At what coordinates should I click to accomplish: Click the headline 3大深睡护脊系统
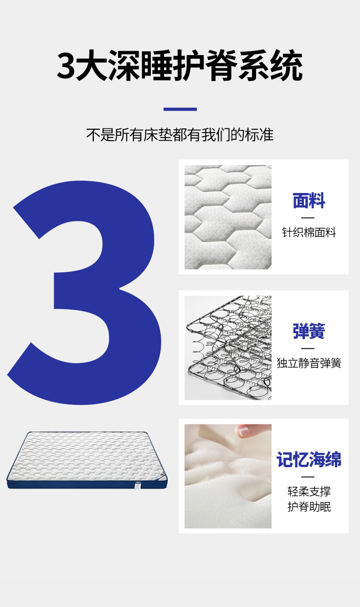pos(180,65)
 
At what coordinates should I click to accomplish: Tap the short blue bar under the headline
pos(180,109)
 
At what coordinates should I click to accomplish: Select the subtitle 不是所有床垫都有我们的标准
pos(180,134)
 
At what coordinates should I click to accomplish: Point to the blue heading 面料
pos(309,200)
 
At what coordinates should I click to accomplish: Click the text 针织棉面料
pos(309,232)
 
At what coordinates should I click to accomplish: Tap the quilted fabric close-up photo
pos(228,217)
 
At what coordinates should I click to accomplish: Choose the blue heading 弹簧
pos(309,331)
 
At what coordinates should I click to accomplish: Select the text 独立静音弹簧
pos(309,363)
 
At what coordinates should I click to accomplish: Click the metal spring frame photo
pos(228,347)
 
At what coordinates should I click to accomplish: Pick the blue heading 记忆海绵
pos(309,459)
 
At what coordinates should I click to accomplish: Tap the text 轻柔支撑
pos(309,491)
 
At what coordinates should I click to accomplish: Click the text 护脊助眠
pos(309,506)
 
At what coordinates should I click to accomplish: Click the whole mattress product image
pos(87,460)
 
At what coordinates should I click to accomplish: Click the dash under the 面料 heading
pos(308,218)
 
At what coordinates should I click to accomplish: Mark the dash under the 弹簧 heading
pos(308,348)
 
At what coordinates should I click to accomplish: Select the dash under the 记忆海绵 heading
pos(308,477)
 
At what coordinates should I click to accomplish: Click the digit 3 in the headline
pos(66,66)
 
